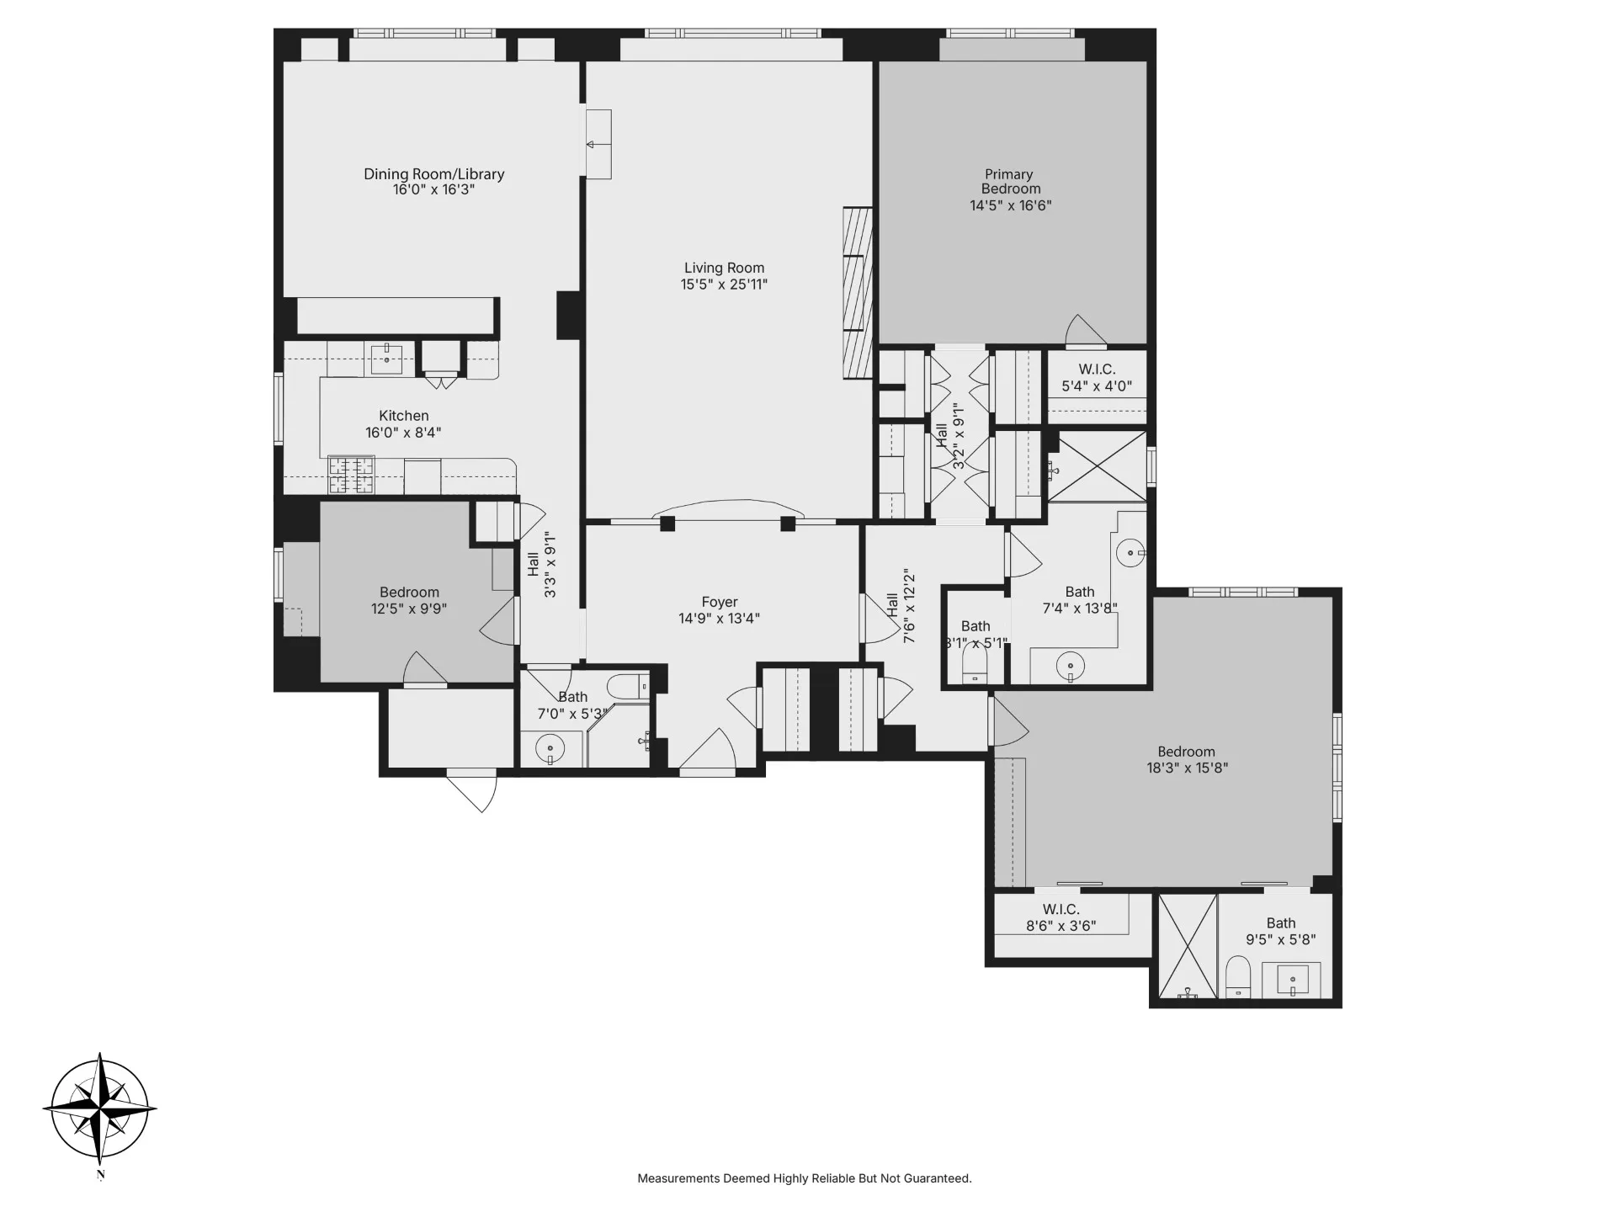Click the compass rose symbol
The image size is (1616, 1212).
(100, 1108)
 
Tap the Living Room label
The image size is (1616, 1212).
(724, 268)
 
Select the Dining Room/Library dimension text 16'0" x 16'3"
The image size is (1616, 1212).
(433, 190)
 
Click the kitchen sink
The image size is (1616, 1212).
(386, 359)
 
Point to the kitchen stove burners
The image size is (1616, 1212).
(351, 474)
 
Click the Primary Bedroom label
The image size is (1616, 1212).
(1010, 182)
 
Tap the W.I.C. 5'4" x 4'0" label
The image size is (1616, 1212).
(1096, 378)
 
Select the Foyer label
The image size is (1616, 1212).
(719, 603)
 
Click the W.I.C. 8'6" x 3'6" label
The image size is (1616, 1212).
(1060, 917)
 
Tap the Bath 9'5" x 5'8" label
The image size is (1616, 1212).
(1280, 931)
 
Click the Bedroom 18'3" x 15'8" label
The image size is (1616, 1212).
(1186, 759)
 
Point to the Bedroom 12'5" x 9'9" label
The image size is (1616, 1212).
(409, 600)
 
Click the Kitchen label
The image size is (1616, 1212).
(403, 416)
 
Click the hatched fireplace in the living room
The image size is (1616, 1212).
(858, 293)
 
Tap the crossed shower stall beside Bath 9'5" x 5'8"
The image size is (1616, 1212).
(1188, 948)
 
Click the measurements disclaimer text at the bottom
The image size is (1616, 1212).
(804, 1178)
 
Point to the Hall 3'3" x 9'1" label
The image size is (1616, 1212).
(541, 564)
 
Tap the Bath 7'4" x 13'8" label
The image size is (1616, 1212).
(1079, 600)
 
